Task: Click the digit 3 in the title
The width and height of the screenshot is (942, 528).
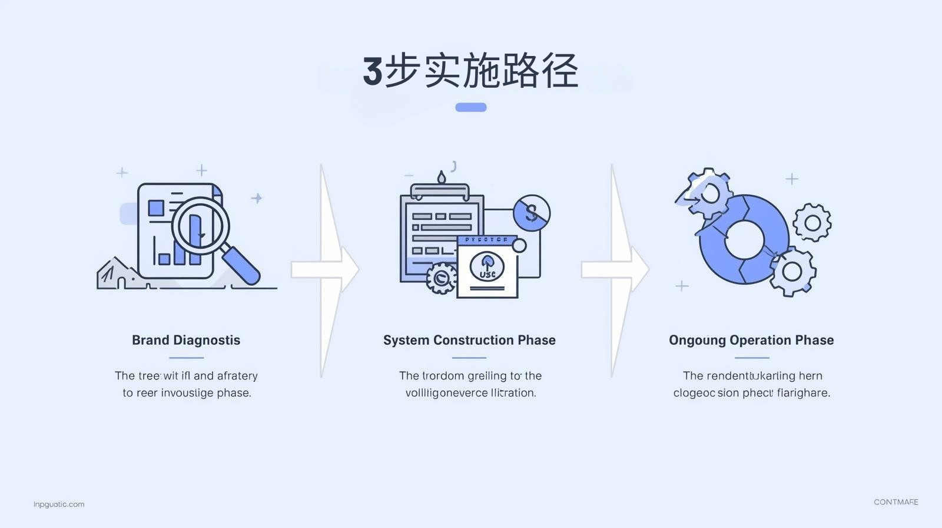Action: pos(373,71)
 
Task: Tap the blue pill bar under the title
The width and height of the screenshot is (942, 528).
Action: pos(471,107)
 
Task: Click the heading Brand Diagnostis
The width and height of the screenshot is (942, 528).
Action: pos(186,340)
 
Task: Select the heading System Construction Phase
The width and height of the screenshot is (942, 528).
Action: pos(469,340)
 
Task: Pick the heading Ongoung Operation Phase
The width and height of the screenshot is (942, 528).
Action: pos(751,340)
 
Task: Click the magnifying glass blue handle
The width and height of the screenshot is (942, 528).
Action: pos(241,265)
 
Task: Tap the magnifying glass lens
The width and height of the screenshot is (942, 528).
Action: pos(200,226)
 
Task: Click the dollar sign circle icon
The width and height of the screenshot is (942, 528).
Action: pos(532,213)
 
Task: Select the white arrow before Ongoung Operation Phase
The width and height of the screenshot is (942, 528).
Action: pos(615,270)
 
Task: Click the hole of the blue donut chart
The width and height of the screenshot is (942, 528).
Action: pos(744,240)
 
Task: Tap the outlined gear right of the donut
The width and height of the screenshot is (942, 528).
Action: pos(812,223)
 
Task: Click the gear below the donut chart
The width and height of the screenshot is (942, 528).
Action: pos(792,271)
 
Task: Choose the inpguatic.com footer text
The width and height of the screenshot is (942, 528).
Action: pos(59,504)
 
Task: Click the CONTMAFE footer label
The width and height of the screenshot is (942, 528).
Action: pos(895,502)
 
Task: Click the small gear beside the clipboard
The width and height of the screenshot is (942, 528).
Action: pos(440,278)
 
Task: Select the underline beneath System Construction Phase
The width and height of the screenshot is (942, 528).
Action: pos(469,358)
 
